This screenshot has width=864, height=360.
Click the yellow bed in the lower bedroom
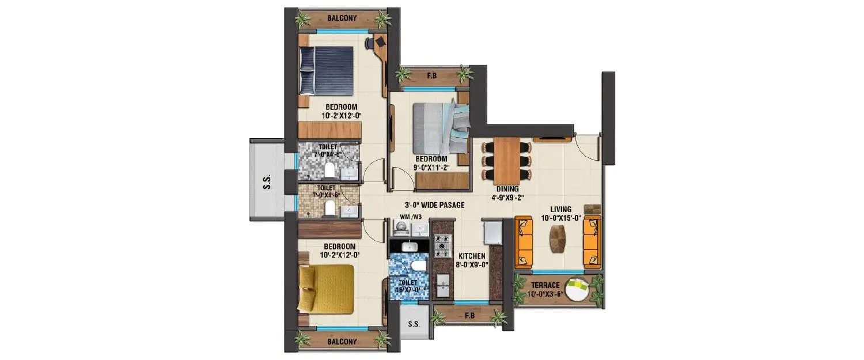coord(326,289)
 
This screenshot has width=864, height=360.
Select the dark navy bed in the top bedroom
coord(326,70)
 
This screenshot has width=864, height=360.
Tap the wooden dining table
coord(506,160)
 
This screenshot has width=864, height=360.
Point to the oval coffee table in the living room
coord(558,239)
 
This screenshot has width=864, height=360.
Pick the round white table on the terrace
coord(577,289)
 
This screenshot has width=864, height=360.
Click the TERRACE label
coord(545,285)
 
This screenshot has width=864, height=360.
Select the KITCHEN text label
coord(472,256)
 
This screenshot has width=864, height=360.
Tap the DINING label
coord(507,188)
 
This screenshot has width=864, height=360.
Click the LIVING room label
coord(560,209)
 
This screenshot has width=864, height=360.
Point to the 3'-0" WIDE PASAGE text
coord(433,205)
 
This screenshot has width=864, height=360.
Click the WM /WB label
coord(411,217)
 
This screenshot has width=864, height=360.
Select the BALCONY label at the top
coord(342,18)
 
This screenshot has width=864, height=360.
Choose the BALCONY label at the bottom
coord(342,342)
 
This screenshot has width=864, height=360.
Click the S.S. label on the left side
coord(267,180)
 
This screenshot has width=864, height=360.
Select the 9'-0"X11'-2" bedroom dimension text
coord(431,168)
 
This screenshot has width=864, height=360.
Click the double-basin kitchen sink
coord(442,285)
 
